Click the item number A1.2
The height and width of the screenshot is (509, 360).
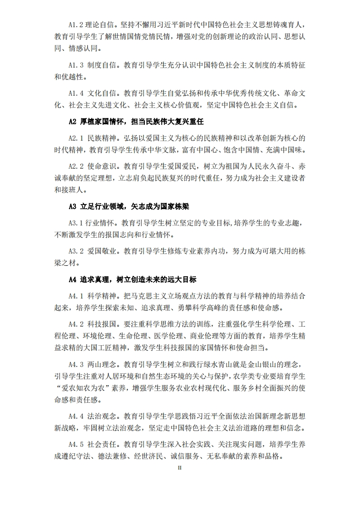coord(76,24)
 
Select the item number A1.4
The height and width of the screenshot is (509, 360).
coord(76,93)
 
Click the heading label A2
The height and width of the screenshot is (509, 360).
coord(72,122)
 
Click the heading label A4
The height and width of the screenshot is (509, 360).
coord(72,279)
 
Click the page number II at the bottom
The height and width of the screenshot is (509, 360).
coord(180,468)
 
